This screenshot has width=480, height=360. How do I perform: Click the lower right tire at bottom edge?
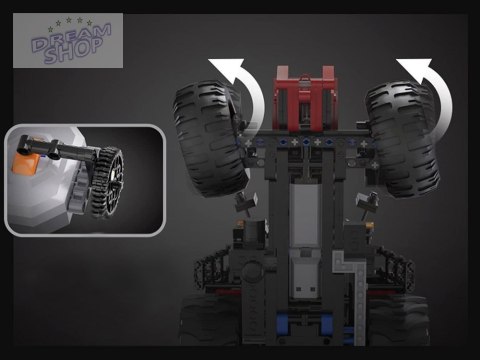pyautogui.click(x=400, y=330)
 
